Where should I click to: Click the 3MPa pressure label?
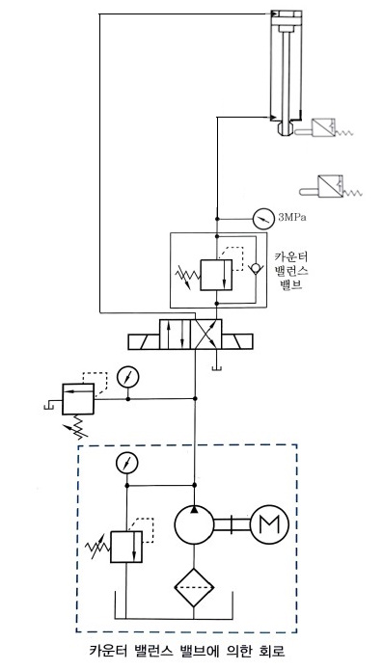click(292, 217)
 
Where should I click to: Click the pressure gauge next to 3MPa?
click(262, 219)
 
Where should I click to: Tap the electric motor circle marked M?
click(270, 523)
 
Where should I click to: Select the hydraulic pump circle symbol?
click(194, 523)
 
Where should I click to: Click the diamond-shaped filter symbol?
click(194, 587)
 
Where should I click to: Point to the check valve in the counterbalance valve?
click(256, 268)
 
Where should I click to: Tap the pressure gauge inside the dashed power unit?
click(127, 463)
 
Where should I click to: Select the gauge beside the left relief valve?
click(127, 377)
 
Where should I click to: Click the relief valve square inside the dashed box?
click(126, 547)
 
